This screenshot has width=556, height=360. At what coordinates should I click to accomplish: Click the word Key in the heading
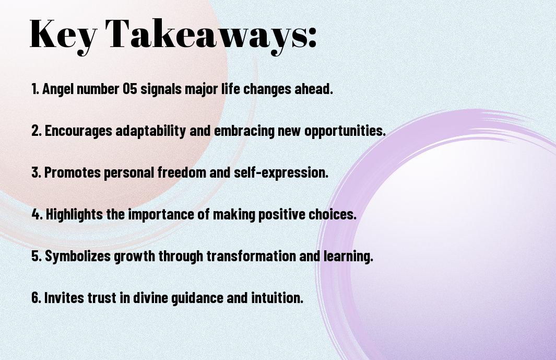pos(63,35)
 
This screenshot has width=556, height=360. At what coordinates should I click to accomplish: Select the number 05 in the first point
pos(130,89)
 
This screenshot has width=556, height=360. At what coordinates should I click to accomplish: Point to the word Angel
pos(58,89)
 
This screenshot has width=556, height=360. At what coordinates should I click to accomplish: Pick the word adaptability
pos(151,131)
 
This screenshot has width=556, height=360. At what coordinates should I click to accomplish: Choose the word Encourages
pos(78,131)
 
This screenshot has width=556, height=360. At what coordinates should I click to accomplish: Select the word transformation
pos(251,256)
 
